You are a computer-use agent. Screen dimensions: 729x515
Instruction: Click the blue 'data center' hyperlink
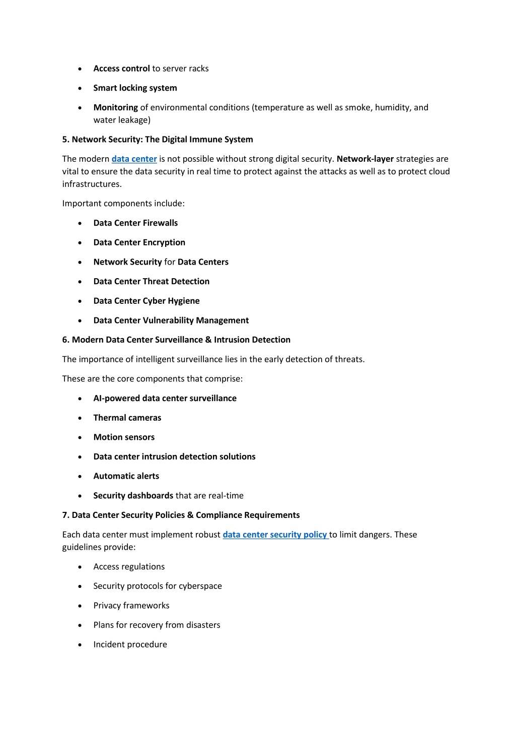coord(134,159)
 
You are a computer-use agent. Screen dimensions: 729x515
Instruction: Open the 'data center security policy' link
coord(275,535)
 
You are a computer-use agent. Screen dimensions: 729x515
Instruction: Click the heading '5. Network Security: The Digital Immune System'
coord(158,140)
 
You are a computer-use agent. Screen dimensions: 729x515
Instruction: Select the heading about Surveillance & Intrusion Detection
coord(176,340)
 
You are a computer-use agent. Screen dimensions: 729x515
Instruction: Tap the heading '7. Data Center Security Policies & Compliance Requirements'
coord(181,515)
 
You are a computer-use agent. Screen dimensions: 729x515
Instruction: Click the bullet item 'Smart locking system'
coord(135,88)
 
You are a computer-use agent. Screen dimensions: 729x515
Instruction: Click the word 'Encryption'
coord(164,242)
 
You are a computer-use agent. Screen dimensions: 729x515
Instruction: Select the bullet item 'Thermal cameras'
coord(127,418)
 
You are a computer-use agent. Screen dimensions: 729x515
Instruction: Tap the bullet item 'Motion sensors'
coord(124,437)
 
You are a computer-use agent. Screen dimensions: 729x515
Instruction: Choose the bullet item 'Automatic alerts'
coord(126,476)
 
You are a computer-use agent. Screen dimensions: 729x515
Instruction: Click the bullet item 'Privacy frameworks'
coord(131,606)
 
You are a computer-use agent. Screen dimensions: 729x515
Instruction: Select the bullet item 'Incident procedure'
coord(130,644)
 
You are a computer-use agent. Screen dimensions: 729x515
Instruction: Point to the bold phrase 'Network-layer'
coord(365,159)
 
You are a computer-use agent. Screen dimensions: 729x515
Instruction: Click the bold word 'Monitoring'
coord(115,107)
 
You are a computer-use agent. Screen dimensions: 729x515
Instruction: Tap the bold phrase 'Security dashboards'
coord(133,496)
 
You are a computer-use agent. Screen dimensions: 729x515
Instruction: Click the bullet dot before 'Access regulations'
coord(80,567)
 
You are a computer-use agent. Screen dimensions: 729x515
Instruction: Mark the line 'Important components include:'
coord(123,204)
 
